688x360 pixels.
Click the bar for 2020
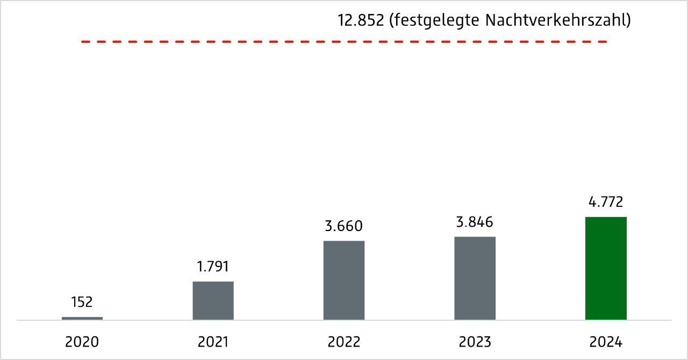click(82, 318)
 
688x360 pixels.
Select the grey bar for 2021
click(213, 300)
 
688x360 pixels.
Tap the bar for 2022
click(344, 280)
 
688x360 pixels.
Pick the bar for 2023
click(475, 278)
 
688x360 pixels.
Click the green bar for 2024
click(606, 268)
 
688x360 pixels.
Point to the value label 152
click(82, 303)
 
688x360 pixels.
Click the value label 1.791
click(213, 267)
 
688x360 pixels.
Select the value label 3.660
click(344, 226)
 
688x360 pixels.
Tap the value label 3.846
click(475, 221)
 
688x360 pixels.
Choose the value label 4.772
click(606, 202)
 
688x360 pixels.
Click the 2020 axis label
click(82, 342)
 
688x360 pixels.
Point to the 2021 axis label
click(213, 342)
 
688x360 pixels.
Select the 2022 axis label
click(344, 342)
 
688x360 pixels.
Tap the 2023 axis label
click(475, 342)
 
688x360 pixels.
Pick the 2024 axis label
click(606, 342)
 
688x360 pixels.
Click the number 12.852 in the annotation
click(360, 20)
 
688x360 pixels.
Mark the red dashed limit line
click(344, 41)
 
